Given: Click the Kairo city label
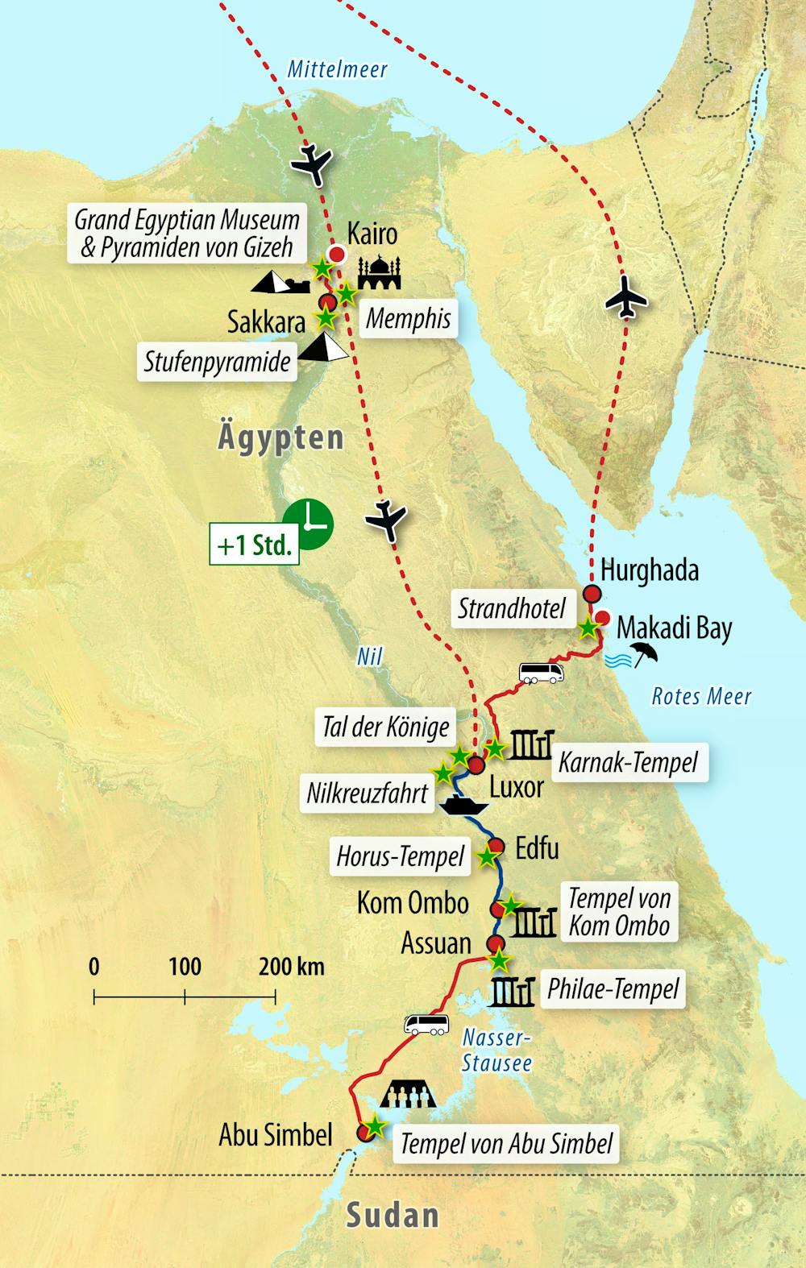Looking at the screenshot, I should pyautogui.click(x=372, y=234).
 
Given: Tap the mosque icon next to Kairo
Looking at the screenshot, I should pyautogui.click(x=378, y=273).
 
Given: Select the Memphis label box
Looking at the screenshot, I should pyautogui.click(x=408, y=319).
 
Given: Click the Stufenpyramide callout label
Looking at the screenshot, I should pyautogui.click(x=217, y=362).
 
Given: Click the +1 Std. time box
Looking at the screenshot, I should pyautogui.click(x=254, y=545).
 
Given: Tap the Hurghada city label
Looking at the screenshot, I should pyautogui.click(x=650, y=570).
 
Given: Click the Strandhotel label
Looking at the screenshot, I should pyautogui.click(x=512, y=609).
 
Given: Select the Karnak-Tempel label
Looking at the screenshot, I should pyautogui.click(x=628, y=761).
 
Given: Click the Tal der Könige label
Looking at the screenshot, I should pyautogui.click(x=385, y=727).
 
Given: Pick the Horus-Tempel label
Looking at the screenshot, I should pyautogui.click(x=401, y=857).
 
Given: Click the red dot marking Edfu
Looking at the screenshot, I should pyautogui.click(x=496, y=846).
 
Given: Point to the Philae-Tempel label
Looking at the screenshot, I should pyautogui.click(x=613, y=989).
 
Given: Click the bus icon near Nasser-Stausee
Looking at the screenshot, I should pyautogui.click(x=426, y=1024).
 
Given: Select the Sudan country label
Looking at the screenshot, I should pyautogui.click(x=393, y=1216).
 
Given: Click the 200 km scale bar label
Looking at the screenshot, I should pyautogui.click(x=291, y=966).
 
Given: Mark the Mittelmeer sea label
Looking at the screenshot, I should pyautogui.click(x=338, y=69).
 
